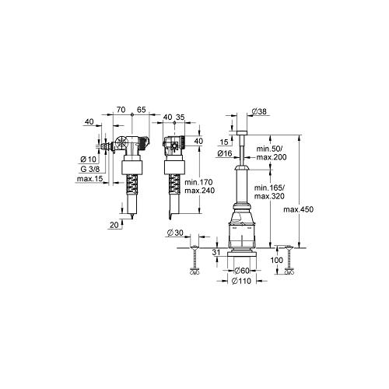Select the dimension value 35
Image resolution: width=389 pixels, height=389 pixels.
click(x=180, y=118)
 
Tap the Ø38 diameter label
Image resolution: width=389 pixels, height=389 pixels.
click(x=261, y=111)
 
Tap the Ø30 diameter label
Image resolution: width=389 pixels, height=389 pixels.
click(x=177, y=233)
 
